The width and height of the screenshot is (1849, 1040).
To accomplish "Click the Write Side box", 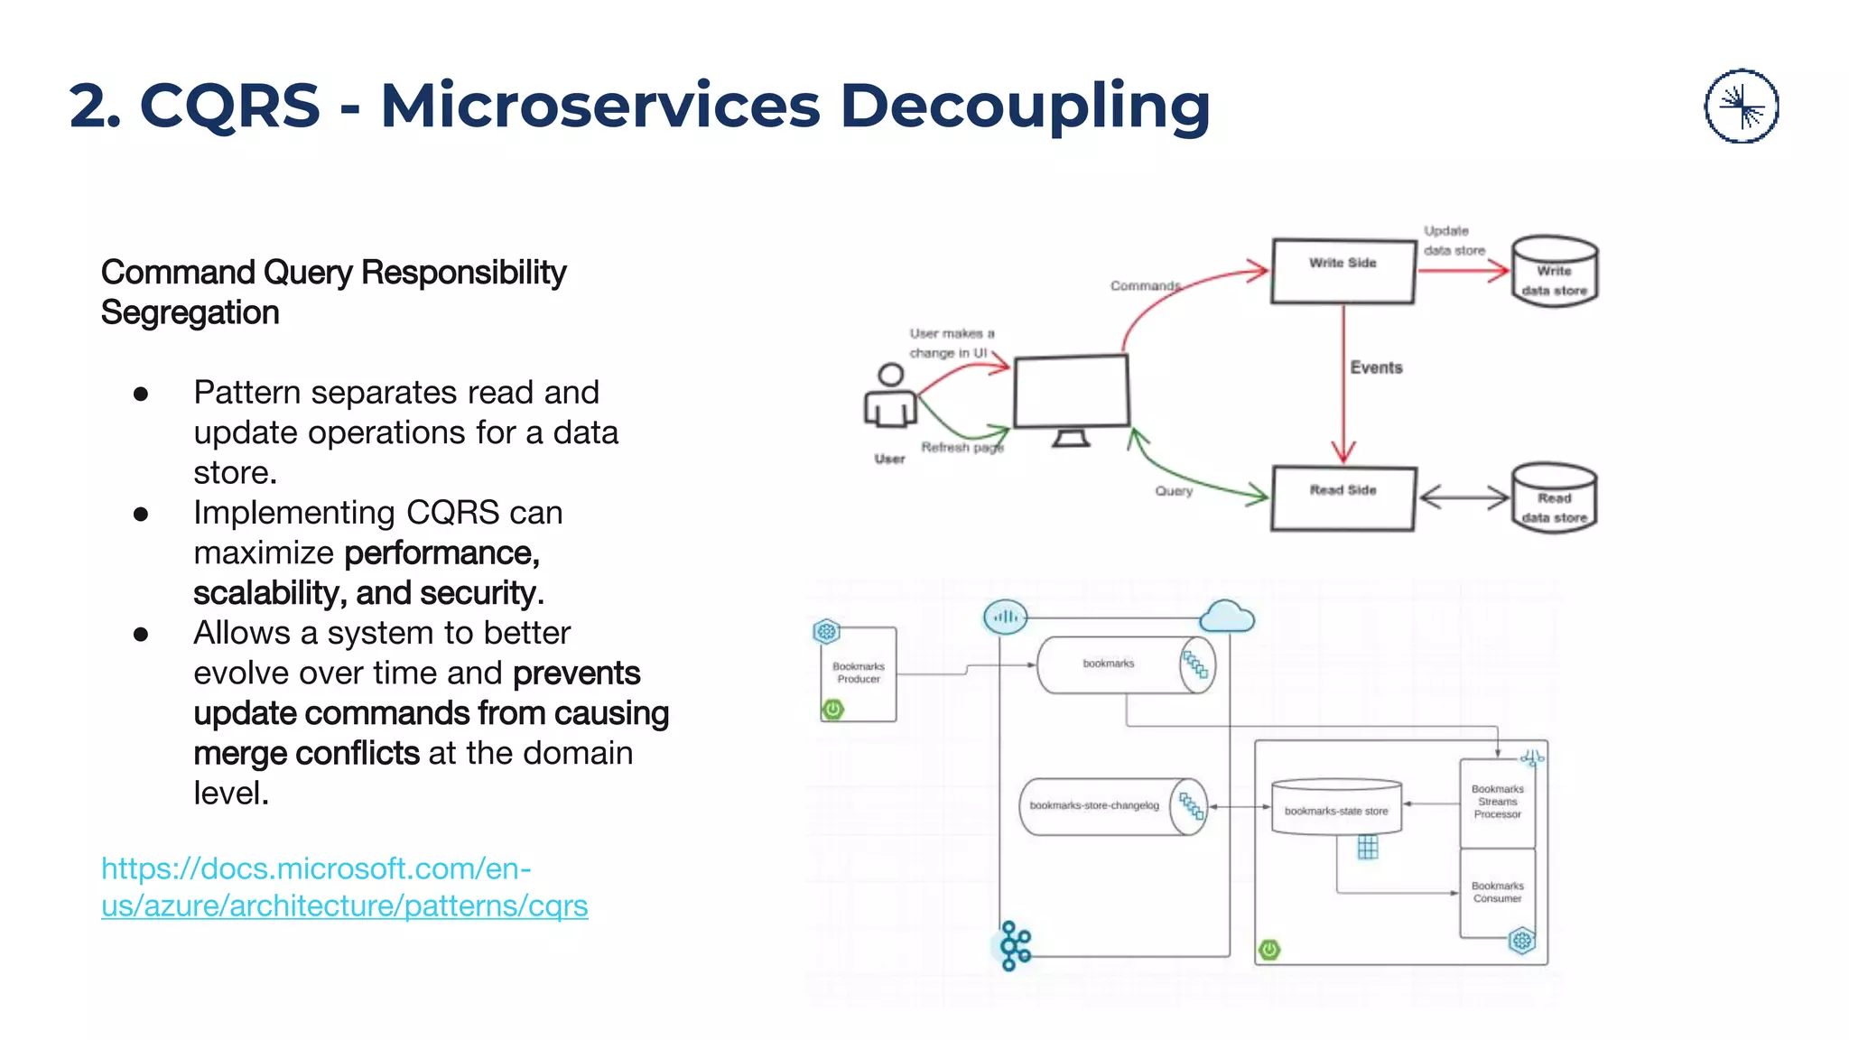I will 1343,271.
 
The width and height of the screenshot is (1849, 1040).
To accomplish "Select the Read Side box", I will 1343,498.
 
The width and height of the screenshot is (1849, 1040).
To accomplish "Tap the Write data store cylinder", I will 1555,273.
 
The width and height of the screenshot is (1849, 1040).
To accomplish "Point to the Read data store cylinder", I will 1555,499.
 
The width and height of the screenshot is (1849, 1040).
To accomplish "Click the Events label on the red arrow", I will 1376,367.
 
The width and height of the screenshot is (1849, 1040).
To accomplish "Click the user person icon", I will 891,397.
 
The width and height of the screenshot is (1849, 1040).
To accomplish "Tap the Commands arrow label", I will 1145,285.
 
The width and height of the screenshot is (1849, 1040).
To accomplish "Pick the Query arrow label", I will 1174,491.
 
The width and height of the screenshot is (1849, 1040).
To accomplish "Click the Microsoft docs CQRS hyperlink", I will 344,887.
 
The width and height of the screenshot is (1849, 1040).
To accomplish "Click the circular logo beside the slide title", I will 1741,107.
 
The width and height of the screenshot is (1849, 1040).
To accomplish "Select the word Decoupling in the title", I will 1025,106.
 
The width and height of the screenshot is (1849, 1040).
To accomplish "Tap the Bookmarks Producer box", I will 859,673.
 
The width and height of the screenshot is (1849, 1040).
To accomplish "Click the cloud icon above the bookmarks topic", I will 1227,617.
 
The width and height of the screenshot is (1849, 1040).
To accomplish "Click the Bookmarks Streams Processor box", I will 1497,802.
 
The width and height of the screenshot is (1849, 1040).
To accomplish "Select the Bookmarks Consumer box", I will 1497,892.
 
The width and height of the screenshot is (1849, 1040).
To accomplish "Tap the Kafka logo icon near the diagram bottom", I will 1015,945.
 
